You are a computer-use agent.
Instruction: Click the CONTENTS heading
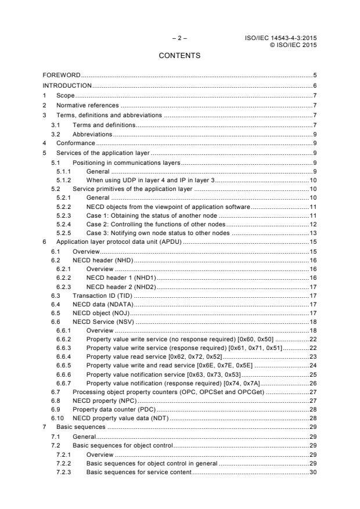click(x=179, y=56)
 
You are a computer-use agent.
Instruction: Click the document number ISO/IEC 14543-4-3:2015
click(x=283, y=38)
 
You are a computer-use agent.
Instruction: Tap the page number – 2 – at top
click(x=179, y=38)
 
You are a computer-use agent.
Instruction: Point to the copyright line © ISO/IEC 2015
click(x=293, y=45)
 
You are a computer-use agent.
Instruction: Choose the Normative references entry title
click(x=87, y=105)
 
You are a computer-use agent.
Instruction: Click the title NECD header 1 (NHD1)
click(x=121, y=279)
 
